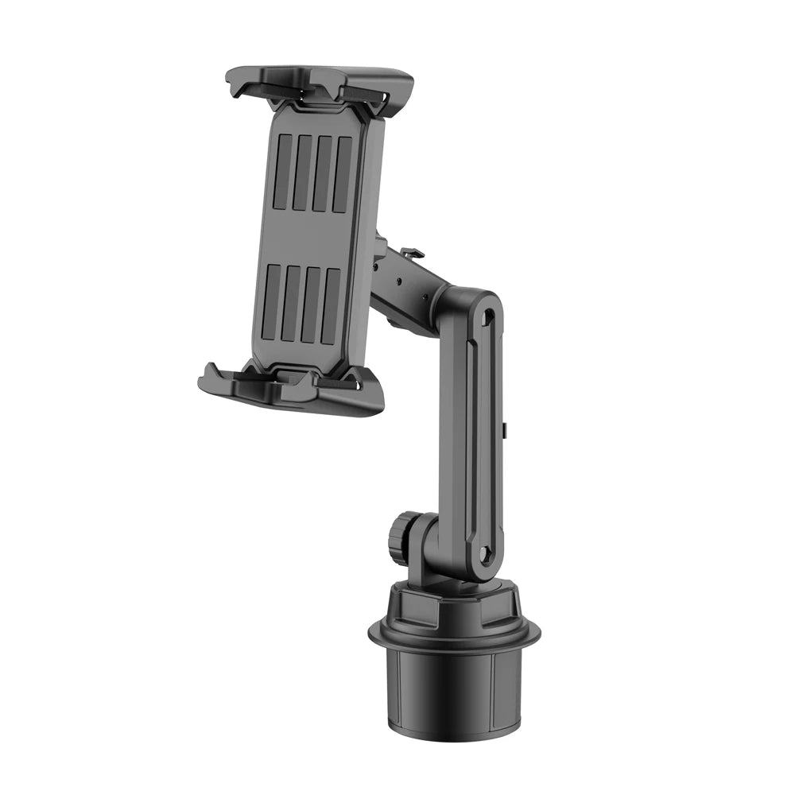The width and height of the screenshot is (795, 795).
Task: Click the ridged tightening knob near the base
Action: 399,538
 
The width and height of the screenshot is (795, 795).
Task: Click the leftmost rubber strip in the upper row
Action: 281,171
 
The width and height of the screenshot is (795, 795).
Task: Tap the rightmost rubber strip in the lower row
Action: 331,307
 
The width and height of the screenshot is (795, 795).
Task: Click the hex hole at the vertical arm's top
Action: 488,316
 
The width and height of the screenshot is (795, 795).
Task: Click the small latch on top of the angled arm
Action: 411,254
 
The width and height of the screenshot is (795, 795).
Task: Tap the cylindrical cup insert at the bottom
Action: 453,692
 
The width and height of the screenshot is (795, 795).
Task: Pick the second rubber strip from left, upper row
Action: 302,173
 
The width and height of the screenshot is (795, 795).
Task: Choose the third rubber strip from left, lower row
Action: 311,305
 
